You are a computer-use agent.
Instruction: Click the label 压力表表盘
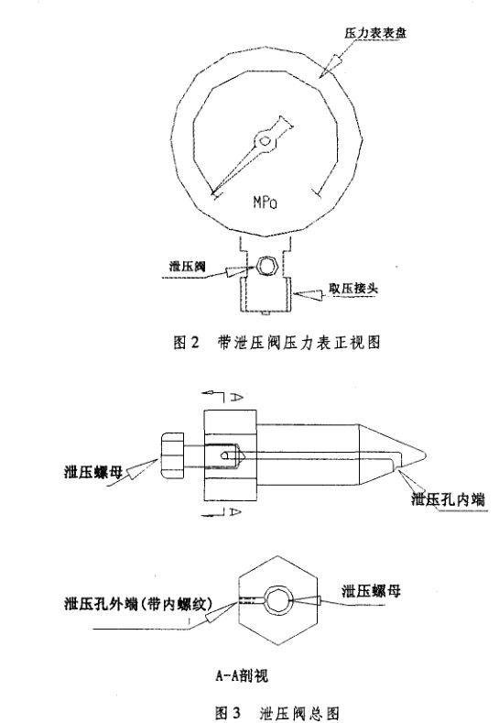375,33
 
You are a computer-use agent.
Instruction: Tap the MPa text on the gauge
266,202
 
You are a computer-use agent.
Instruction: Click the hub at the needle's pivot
265,140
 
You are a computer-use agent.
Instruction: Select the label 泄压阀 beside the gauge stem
187,267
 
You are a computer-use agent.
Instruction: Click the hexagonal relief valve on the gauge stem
266,266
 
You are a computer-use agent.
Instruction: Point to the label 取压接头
353,288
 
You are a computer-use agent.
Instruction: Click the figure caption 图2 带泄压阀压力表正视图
277,342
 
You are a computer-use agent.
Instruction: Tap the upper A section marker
236,397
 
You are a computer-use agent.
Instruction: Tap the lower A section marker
235,511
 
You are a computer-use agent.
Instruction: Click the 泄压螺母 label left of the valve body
93,472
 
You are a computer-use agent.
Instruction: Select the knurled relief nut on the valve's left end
172,455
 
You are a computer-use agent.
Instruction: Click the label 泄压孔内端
448,498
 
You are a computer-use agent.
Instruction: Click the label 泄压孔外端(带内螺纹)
138,603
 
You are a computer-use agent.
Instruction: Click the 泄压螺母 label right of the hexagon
371,591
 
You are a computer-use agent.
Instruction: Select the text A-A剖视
242,675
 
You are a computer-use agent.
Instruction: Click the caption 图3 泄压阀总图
277,713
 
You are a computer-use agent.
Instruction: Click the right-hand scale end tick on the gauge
316,192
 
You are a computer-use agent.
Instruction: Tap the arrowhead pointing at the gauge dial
331,65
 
